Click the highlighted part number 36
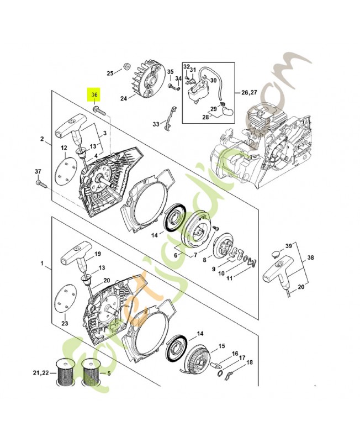coord(94,95)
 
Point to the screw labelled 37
coord(39,182)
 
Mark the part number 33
coord(156,124)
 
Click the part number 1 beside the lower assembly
coord(42,264)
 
